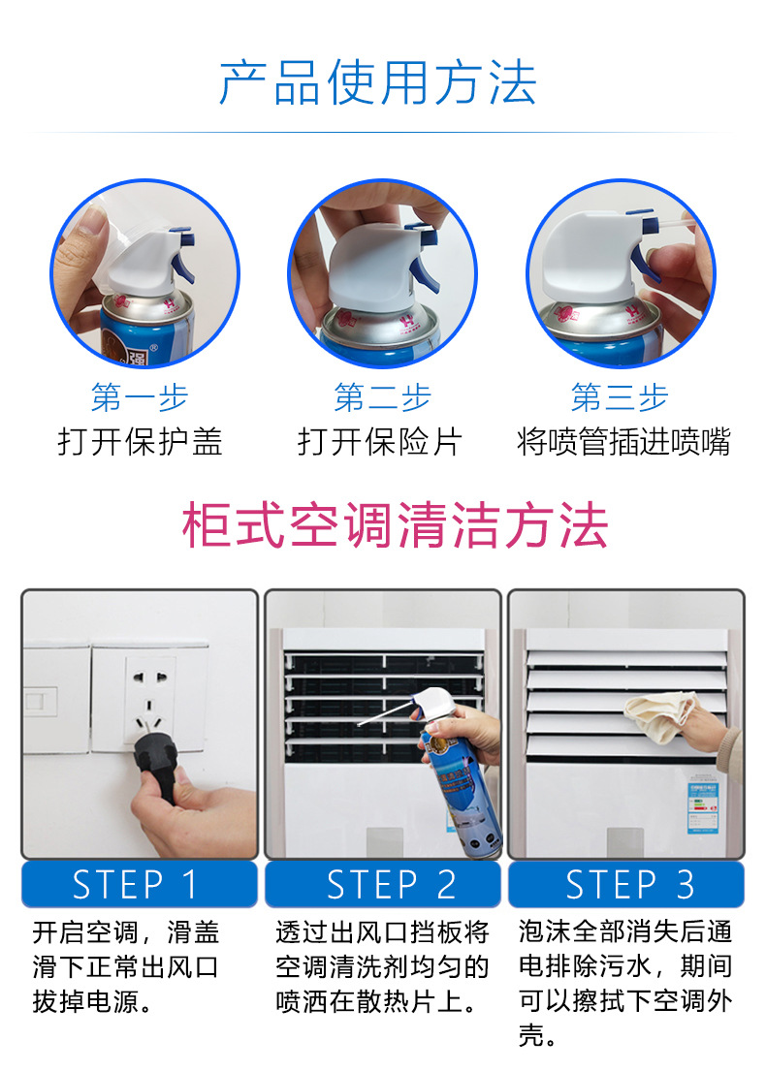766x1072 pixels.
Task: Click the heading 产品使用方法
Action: tap(378, 83)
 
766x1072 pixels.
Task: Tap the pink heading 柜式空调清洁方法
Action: tap(396, 526)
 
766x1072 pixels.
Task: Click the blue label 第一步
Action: tap(140, 397)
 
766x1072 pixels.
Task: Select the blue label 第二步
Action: tap(382, 397)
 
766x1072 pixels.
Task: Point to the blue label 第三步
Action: tap(620, 397)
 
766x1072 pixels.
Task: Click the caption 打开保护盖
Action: tap(140, 442)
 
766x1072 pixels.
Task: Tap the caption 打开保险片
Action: tap(380, 442)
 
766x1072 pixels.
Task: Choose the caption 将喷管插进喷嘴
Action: tap(623, 442)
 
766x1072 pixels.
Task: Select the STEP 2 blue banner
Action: tap(383, 884)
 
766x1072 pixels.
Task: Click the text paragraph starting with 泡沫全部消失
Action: tap(625, 984)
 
